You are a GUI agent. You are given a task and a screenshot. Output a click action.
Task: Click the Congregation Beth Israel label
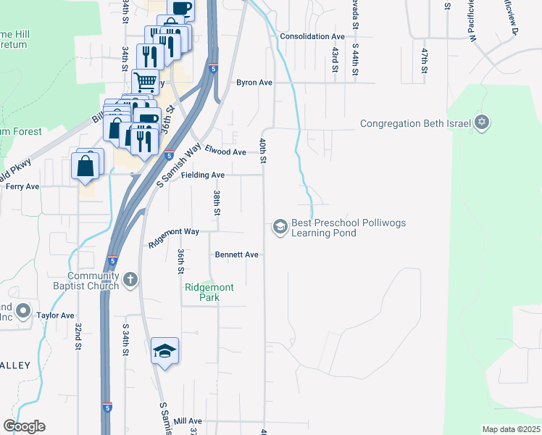click(x=416, y=123)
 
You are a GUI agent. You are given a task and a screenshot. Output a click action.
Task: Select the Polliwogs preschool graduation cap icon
click(x=280, y=228)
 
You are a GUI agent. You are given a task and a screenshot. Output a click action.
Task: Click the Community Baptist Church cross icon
click(x=130, y=280)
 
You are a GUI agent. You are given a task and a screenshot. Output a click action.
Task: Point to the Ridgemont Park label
click(x=209, y=292)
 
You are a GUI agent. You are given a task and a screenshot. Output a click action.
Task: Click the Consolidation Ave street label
click(x=312, y=36)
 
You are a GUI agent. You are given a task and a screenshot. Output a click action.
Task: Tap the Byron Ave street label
click(x=254, y=83)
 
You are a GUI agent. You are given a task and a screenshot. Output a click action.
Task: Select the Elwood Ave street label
click(x=225, y=152)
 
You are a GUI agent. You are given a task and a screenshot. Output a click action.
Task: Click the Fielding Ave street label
click(x=203, y=175)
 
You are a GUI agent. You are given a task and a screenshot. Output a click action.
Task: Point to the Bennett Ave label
click(x=236, y=254)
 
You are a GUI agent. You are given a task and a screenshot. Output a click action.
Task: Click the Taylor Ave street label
click(x=56, y=315)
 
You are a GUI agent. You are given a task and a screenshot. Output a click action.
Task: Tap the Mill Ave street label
click(x=188, y=420)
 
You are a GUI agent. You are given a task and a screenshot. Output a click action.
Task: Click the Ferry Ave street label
click(x=22, y=186)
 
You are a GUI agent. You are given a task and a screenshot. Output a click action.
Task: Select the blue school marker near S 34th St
click(x=165, y=352)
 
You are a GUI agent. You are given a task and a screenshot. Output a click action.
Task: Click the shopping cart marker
click(x=146, y=82)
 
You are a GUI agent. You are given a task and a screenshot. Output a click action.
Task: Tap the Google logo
click(x=24, y=426)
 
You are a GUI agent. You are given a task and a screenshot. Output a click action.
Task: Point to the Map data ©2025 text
click(x=511, y=429)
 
